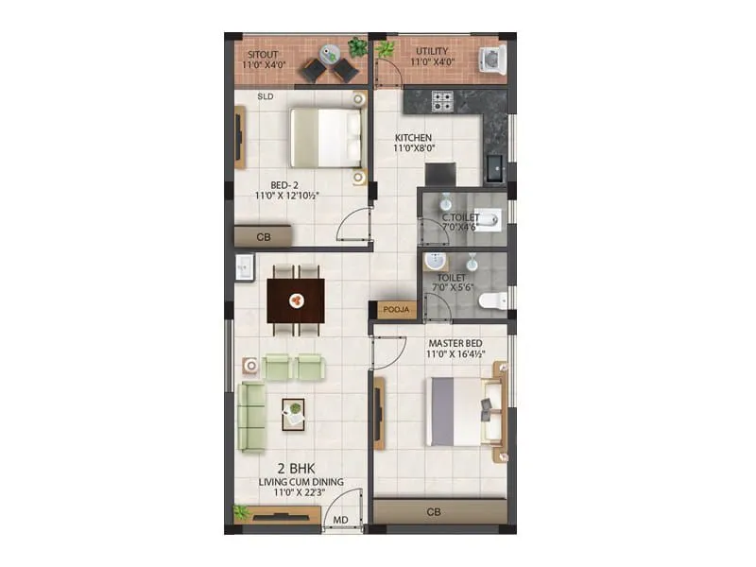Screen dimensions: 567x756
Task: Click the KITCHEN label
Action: (x=413, y=138)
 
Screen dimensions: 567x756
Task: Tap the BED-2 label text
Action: (x=284, y=185)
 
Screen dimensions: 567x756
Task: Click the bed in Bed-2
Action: (x=327, y=137)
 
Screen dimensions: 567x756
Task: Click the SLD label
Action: (x=266, y=96)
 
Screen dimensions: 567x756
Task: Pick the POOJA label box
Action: (x=394, y=309)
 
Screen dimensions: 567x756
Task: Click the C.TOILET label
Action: (x=461, y=217)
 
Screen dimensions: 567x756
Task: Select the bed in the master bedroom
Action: (x=464, y=411)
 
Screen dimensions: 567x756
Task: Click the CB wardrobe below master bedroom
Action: (x=434, y=511)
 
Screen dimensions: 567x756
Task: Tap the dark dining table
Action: (x=296, y=301)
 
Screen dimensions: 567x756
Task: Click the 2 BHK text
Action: (x=296, y=469)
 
